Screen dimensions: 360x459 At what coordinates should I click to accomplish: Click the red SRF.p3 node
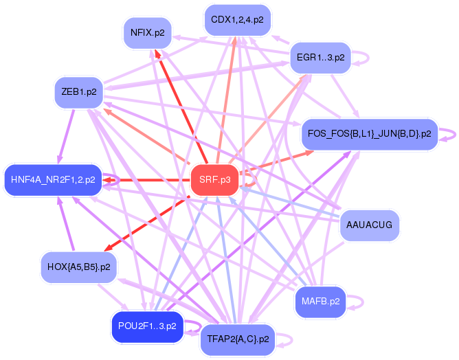point(214,180)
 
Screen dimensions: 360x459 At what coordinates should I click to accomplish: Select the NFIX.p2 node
point(147,32)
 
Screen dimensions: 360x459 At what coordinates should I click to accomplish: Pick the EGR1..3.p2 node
point(320,57)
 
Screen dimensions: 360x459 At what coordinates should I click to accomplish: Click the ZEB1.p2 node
point(78,91)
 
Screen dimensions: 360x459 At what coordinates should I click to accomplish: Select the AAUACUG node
point(370,225)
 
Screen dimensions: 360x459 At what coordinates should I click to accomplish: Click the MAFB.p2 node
point(321,301)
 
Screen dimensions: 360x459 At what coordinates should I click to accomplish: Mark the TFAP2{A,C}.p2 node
point(237,339)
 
